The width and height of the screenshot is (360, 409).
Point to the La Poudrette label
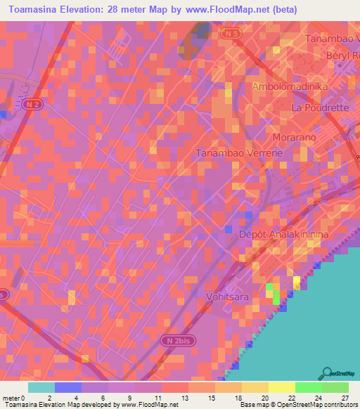(x=319, y=108)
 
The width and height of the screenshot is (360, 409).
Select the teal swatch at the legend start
(x=41, y=387)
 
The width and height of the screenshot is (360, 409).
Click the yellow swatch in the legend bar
(x=281, y=387)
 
